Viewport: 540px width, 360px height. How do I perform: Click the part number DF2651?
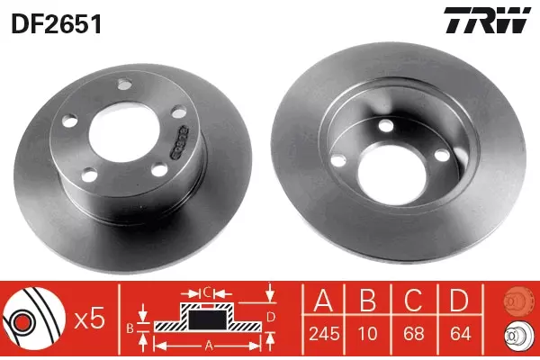point(57,23)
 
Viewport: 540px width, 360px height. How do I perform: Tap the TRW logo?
point(487,20)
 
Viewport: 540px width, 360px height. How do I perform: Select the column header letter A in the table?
point(324,300)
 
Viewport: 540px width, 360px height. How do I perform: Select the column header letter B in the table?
point(368,300)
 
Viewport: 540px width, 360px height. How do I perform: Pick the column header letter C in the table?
point(414,300)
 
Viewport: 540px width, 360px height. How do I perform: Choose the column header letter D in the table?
point(459,300)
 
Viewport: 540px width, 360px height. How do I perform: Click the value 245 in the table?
point(324,334)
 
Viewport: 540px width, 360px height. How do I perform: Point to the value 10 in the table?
point(368,334)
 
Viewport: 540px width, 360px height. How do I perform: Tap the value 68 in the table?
point(414,334)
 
